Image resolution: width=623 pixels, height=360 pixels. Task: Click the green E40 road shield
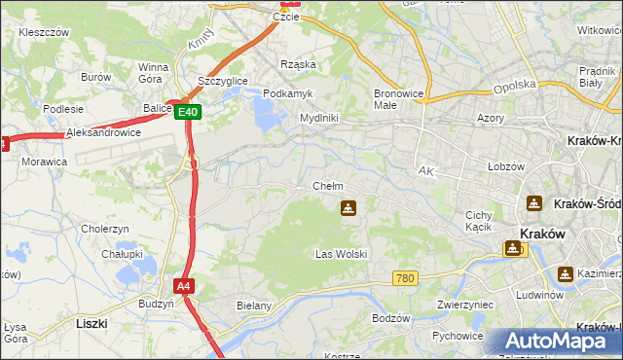tap(190, 112)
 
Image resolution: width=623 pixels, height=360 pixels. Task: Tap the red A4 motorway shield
tap(184, 286)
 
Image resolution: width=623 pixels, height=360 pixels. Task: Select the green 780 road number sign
tap(405, 279)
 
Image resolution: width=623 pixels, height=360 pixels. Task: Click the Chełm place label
tap(327, 186)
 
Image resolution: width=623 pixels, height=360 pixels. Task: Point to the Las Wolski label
tap(341, 254)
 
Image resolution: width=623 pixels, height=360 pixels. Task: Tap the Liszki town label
tap(91, 321)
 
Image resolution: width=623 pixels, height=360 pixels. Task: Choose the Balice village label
tap(157, 110)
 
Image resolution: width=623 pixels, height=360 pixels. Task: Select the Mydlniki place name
tap(318, 118)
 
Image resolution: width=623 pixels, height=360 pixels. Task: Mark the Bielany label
tap(254, 306)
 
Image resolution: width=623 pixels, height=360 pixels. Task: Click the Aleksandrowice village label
tap(103, 132)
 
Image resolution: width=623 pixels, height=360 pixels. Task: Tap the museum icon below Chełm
tap(348, 207)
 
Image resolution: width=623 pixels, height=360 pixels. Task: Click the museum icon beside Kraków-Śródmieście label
tap(533, 203)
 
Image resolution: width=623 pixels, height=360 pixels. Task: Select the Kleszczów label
tap(43, 32)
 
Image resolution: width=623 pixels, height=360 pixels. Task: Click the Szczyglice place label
tap(222, 81)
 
